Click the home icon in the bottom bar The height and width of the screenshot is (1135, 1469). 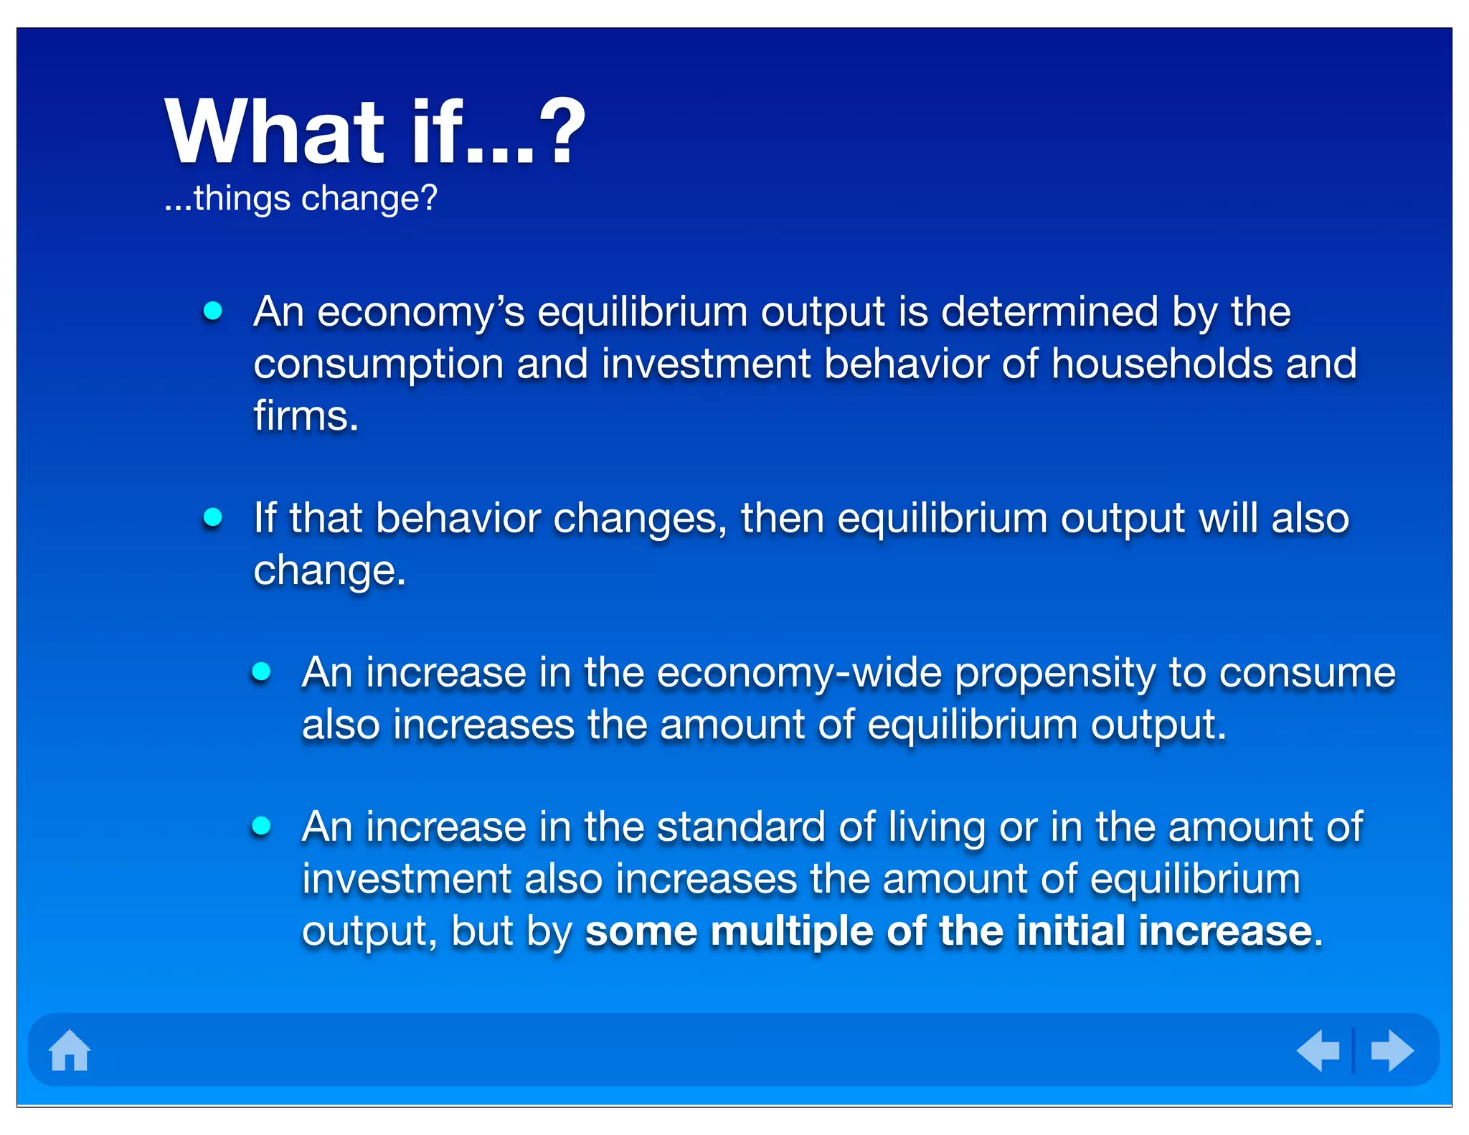point(70,1050)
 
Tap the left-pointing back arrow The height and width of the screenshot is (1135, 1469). point(1318,1050)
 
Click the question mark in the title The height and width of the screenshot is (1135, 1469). point(562,131)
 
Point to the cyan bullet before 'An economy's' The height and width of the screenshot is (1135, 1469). point(212,311)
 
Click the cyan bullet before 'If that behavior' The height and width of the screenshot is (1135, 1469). point(212,517)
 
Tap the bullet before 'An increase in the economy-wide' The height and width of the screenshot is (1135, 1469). point(261,672)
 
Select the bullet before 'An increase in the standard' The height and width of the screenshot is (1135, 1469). point(261,826)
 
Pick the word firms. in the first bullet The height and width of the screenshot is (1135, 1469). point(306,416)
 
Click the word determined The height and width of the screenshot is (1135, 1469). point(1049,313)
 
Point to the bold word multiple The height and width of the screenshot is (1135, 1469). point(792,932)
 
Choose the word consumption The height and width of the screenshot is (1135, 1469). point(378,365)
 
